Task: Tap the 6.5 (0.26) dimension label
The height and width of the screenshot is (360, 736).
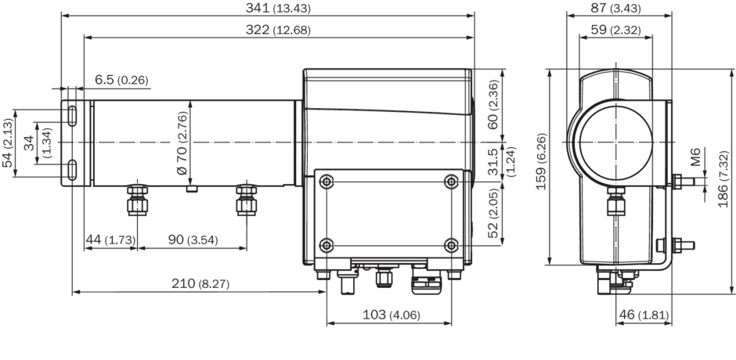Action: click(121, 80)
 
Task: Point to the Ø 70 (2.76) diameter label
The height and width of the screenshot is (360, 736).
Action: click(182, 143)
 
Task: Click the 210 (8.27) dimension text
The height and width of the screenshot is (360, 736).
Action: click(200, 284)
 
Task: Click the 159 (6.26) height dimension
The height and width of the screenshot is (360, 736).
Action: click(541, 166)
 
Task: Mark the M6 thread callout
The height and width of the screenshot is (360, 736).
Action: click(696, 160)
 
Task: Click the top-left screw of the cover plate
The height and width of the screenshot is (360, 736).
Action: click(327, 182)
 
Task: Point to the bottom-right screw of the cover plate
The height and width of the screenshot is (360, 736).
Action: click(451, 243)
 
